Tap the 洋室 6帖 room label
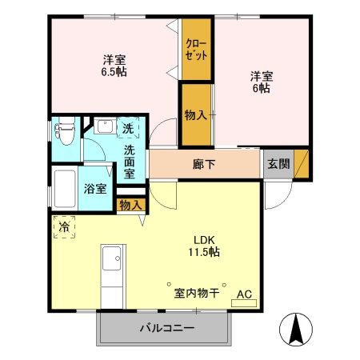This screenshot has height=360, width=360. click(262, 82)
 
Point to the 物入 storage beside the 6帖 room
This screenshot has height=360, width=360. click(195, 114)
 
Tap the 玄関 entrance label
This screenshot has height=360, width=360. click(278, 164)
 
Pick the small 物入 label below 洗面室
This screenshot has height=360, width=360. click(130, 205)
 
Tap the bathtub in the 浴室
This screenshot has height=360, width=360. click(65, 190)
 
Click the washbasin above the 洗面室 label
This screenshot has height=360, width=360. click(102, 127)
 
